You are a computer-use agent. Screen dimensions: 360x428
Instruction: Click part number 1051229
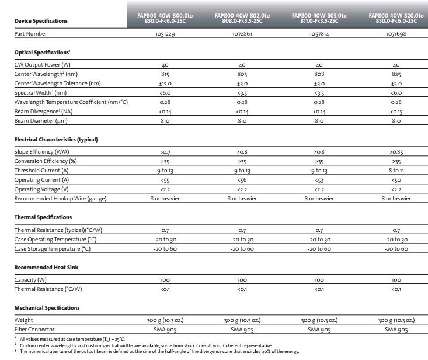tap(165, 34)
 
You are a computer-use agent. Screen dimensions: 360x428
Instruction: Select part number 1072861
tap(242, 34)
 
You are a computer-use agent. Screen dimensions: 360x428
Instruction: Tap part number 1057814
tap(319, 34)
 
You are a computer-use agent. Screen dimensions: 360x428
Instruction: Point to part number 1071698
tap(396, 34)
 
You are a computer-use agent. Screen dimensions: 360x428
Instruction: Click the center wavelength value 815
tap(165, 74)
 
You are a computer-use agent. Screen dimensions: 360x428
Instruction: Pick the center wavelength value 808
tap(319, 74)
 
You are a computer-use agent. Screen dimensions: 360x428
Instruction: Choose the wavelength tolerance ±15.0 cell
tap(165, 84)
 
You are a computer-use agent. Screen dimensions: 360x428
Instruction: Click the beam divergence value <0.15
tap(396, 112)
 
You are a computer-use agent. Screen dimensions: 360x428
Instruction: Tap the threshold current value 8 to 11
tap(396, 171)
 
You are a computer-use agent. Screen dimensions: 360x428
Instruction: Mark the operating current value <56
tap(242, 180)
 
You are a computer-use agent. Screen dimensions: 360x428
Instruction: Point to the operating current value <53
tap(319, 180)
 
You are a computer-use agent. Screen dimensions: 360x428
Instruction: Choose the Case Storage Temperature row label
tap(53, 249)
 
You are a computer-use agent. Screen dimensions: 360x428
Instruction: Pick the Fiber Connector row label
tap(36, 330)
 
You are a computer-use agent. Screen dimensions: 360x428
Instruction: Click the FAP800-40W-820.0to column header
tap(396, 17)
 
